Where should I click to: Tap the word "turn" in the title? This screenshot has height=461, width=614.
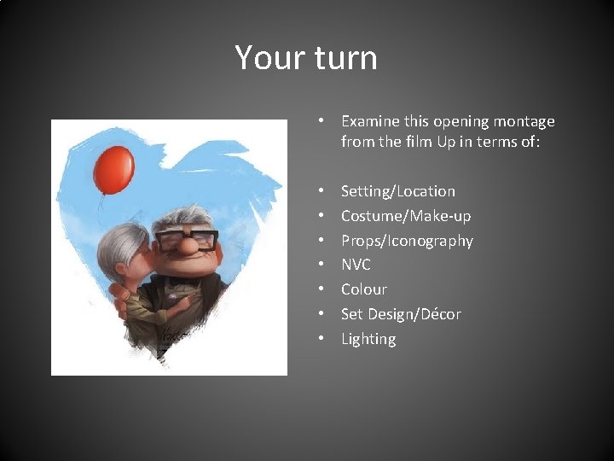[345, 58]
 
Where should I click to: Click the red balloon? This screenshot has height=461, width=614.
[113, 170]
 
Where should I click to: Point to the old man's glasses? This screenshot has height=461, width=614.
[186, 238]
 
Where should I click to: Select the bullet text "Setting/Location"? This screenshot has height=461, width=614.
[398, 191]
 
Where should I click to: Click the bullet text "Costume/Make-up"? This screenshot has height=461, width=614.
[406, 216]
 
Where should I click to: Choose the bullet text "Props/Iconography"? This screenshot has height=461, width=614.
[407, 241]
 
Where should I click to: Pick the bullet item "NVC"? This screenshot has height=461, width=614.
[356, 265]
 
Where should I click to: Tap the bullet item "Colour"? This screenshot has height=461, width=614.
[364, 289]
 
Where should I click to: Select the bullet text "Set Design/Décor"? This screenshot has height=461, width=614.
[401, 314]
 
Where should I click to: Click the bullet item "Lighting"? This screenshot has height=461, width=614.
[368, 339]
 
